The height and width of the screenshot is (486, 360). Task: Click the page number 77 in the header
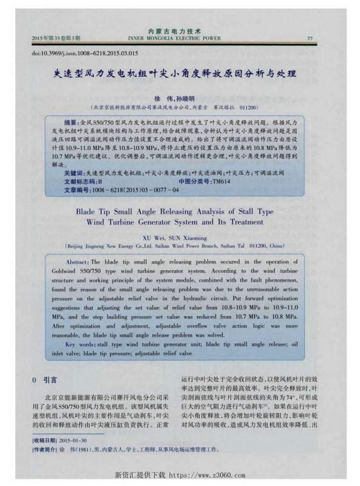tap(310, 37)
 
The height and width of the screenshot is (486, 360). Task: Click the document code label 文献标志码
tap(80, 181)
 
